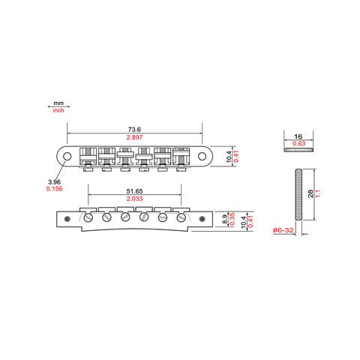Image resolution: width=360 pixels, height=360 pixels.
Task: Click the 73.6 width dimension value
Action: (x=134, y=130)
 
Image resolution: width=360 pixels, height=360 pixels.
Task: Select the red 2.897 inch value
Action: (x=134, y=137)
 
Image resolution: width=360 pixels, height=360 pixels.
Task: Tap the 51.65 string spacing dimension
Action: (x=134, y=191)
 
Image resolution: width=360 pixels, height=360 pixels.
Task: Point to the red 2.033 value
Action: (x=134, y=199)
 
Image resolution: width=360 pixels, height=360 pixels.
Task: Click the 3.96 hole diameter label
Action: (x=54, y=182)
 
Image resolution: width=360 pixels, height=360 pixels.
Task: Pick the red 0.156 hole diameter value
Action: (x=54, y=189)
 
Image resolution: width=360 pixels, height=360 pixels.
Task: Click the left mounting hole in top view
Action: (x=67, y=157)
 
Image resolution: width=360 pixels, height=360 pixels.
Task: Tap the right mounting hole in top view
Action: (x=202, y=157)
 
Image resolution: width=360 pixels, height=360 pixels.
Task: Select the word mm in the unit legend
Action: (x=58, y=103)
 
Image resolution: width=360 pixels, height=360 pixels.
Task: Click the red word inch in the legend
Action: (x=58, y=110)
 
